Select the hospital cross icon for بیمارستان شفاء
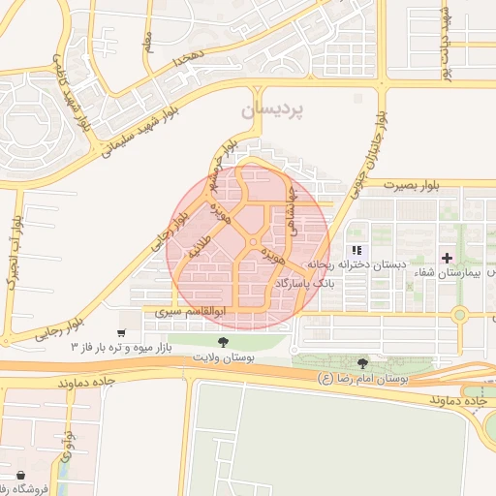447,258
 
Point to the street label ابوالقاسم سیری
192,313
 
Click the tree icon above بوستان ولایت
224,342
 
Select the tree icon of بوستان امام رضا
362,363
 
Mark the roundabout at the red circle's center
252,242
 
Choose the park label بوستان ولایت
223,358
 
